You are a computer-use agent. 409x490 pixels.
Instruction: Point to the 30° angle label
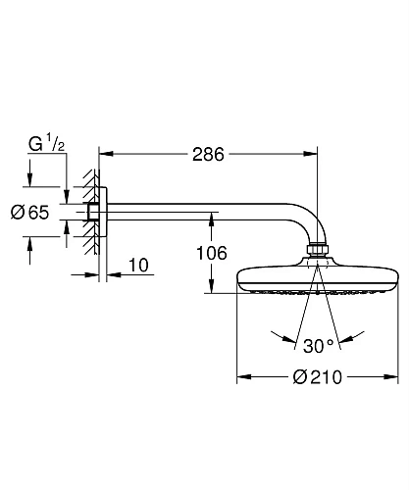[318, 346]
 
